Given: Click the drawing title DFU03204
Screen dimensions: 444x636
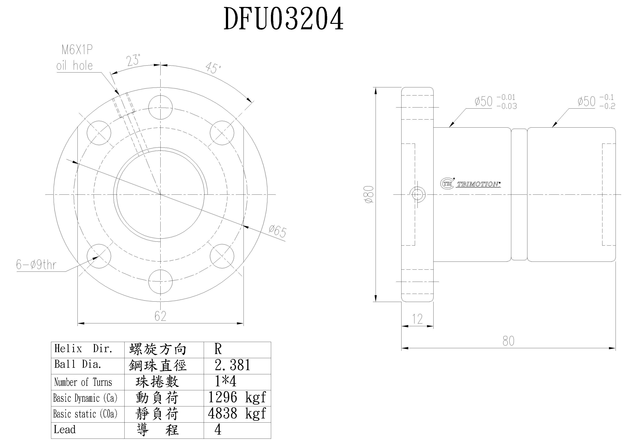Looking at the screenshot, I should pos(283,19).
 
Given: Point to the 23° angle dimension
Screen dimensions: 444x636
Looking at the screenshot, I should pos(133,60).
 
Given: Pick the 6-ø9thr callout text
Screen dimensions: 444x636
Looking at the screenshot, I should pos(36,265).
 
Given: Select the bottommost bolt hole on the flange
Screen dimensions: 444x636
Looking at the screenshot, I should pos(160,281).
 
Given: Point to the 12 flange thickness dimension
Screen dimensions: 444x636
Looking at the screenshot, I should pos(417,319).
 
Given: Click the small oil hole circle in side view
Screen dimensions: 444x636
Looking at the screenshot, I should pos(417,194).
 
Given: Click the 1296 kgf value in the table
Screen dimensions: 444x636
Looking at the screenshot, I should pos(237,397).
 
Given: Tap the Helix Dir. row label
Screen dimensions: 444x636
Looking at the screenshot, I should pos(83,349).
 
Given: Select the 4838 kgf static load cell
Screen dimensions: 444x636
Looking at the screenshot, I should pos(237,414).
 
